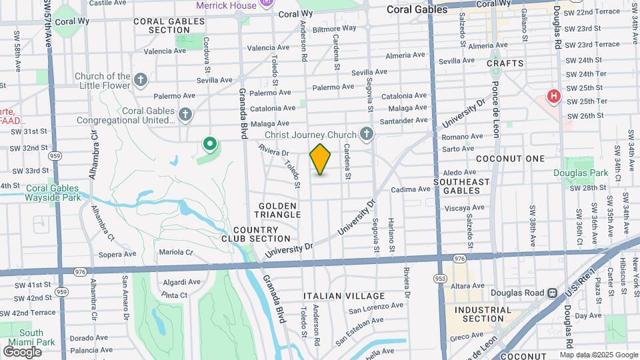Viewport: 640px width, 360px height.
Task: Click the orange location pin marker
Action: (x=321, y=159)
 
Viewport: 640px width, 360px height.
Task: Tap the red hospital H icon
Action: (x=553, y=97)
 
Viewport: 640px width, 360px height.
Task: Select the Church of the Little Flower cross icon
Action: (x=140, y=81)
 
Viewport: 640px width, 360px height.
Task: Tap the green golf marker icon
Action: (x=210, y=143)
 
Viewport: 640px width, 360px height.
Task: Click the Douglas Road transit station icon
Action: (x=552, y=293)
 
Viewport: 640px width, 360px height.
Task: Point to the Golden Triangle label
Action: (x=277, y=211)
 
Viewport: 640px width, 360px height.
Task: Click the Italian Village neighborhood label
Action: (x=344, y=296)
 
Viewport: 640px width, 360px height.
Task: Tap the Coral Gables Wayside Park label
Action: (x=53, y=193)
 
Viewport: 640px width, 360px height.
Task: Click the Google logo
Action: (x=22, y=351)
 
